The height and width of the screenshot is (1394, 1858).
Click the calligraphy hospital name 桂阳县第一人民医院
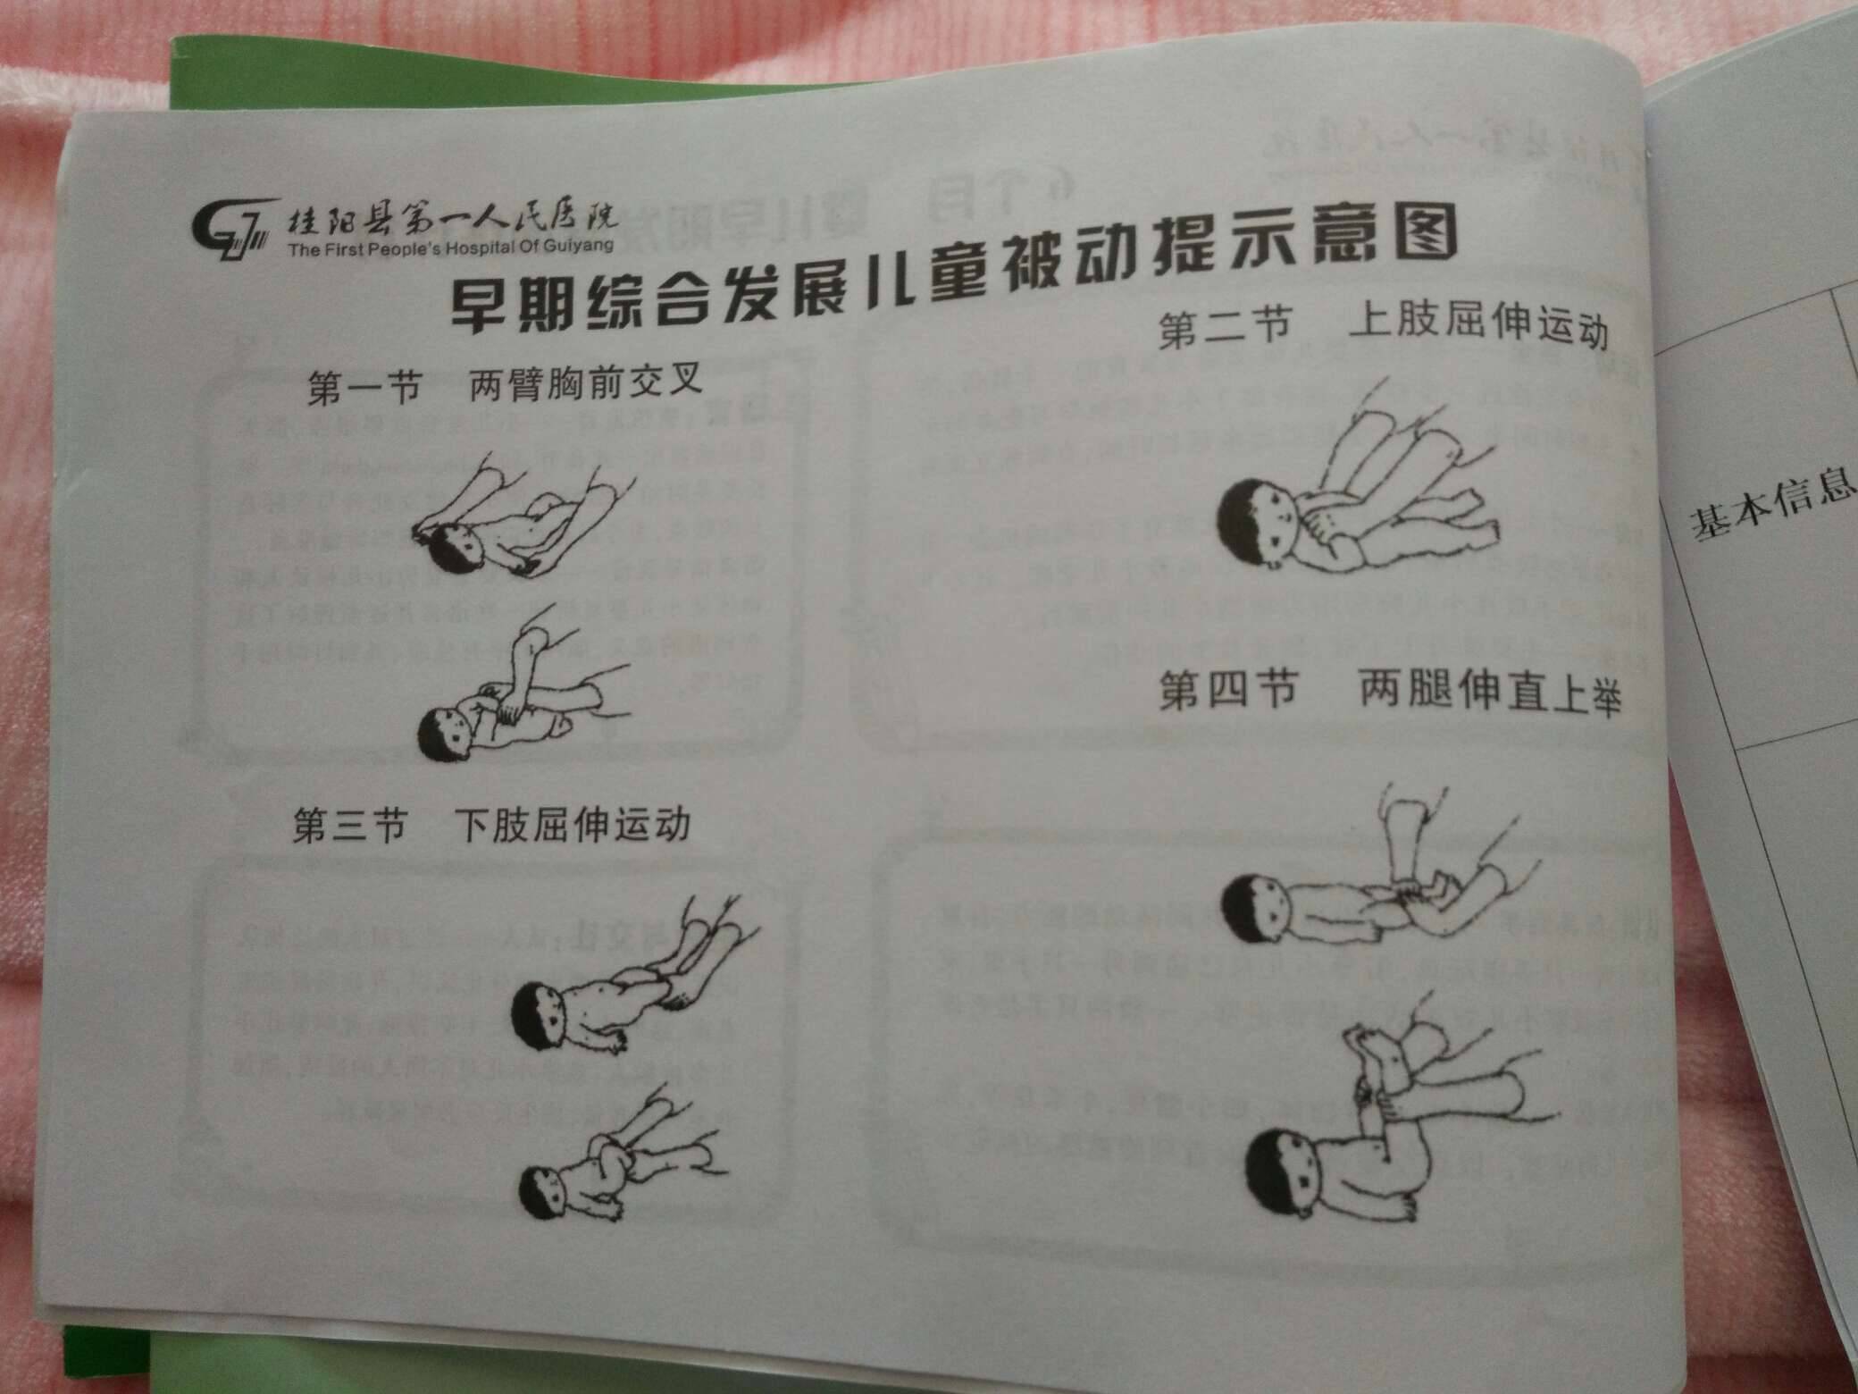451,217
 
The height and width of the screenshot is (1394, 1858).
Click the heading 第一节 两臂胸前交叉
505,385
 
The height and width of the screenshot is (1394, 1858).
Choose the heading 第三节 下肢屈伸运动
491,825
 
